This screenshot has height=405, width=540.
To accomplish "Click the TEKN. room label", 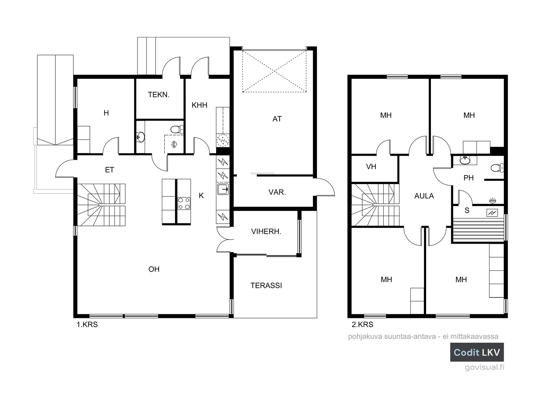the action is click(159, 94).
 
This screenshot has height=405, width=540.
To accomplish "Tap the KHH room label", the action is click(200, 105).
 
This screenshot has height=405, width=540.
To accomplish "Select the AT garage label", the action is click(277, 119).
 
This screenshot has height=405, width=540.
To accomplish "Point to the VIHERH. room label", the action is click(266, 231).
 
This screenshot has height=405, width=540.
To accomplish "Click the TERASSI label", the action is click(266, 285).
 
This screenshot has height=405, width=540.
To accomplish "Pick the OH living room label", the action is click(154, 269).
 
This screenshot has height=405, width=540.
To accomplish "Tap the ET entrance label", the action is click(109, 170).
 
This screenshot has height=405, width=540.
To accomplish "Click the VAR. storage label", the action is click(277, 192).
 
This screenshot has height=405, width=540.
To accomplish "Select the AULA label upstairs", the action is click(424, 196).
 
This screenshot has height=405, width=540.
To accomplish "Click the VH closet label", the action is click(371, 166).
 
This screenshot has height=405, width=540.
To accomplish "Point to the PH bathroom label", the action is click(469, 178).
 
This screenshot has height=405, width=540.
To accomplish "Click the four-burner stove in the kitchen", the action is click(184, 203).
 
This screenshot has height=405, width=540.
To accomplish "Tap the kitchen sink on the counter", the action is click(223, 189).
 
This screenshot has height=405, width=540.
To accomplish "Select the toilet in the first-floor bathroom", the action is click(176, 129).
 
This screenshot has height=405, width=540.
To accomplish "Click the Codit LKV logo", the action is click(477, 352).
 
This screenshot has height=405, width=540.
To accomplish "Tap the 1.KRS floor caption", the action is click(87, 325).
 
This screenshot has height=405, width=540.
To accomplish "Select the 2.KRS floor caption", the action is click(363, 325).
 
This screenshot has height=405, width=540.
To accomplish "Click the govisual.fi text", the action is click(484, 367).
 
